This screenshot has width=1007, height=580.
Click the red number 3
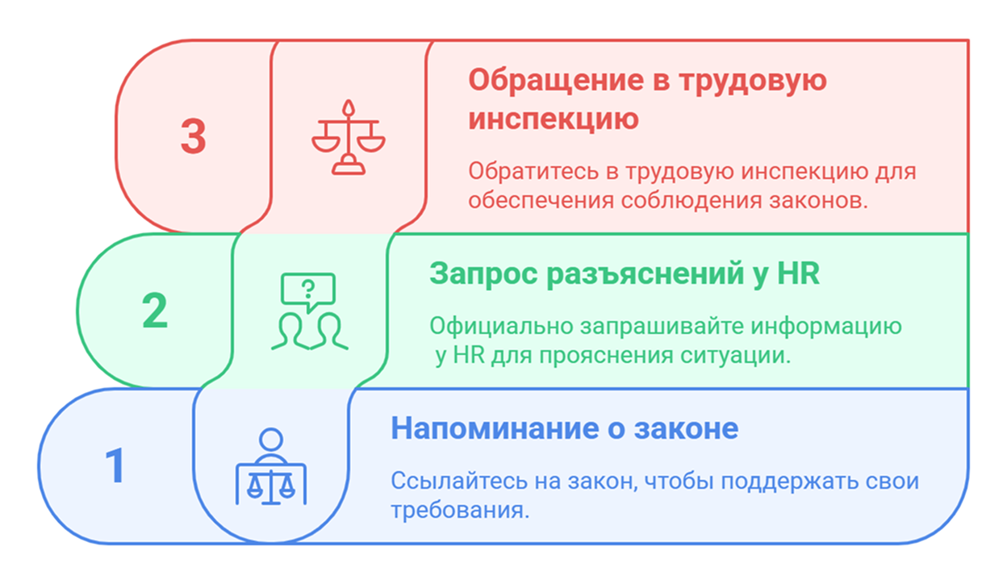point(193,136)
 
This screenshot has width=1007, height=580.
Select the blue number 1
point(116,465)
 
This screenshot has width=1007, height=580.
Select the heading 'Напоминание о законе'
point(564,428)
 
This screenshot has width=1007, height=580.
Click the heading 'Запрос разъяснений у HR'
point(624,273)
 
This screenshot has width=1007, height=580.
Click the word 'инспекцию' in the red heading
point(554,119)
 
